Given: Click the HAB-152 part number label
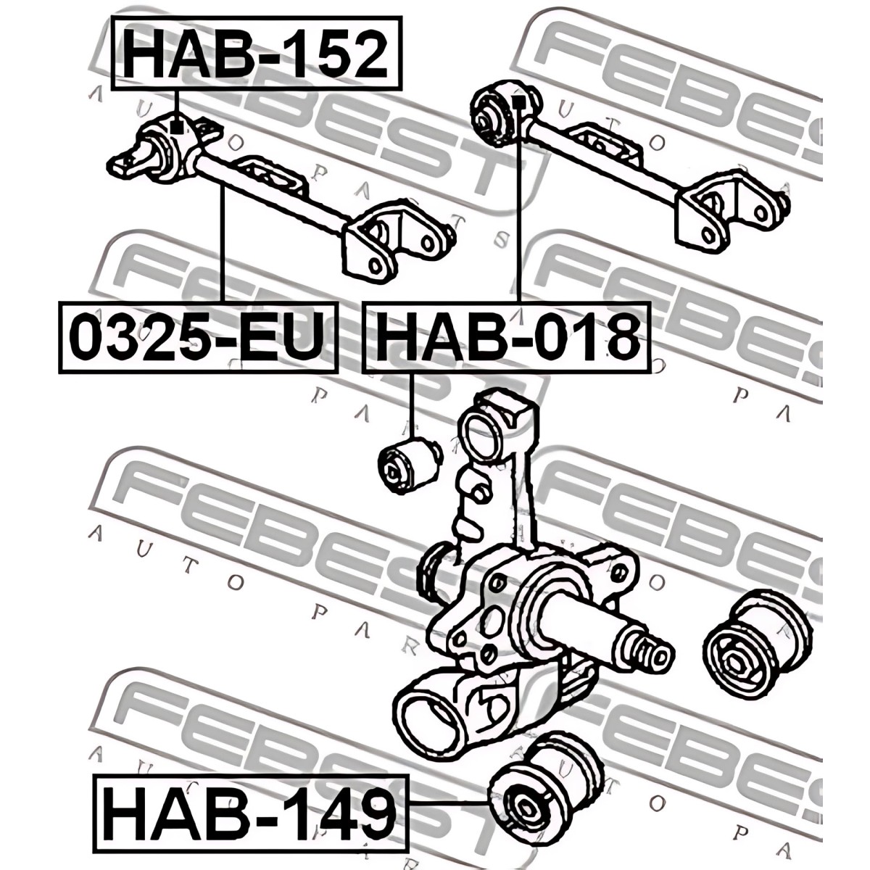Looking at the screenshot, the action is (256, 53).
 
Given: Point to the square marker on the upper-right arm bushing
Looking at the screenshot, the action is (518, 102).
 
